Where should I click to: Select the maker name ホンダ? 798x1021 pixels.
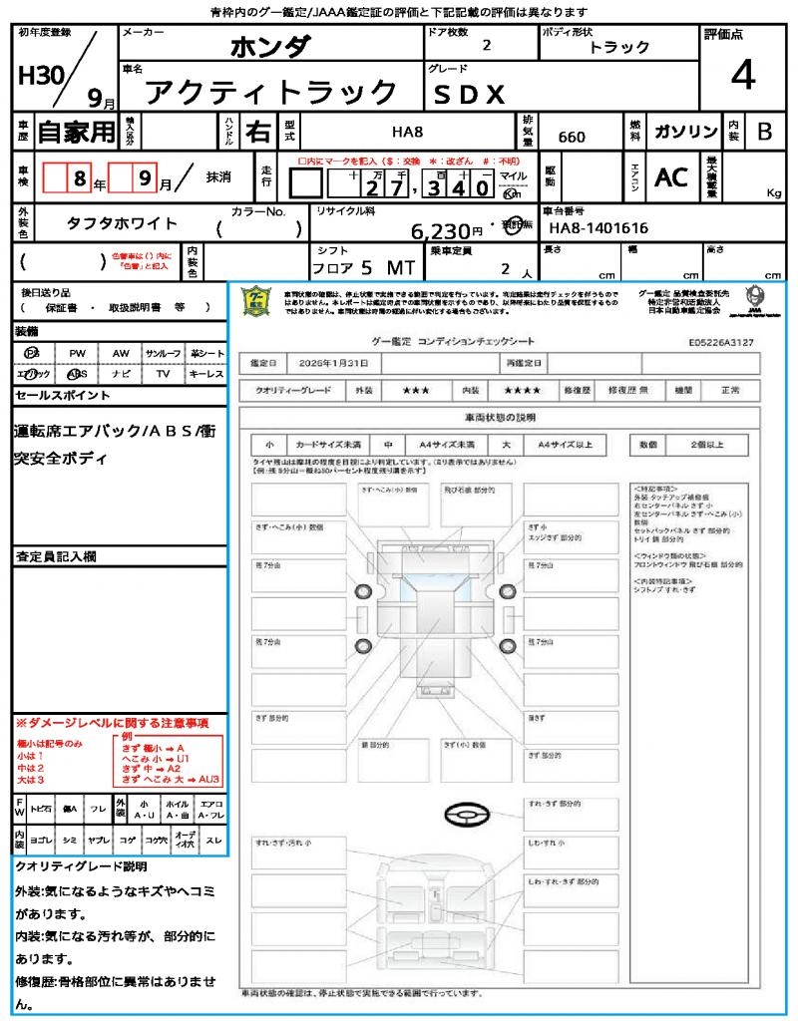pyautogui.click(x=270, y=47)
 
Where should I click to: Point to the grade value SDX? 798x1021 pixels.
pyautogui.click(x=469, y=95)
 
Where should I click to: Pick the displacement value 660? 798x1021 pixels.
pyautogui.click(x=572, y=137)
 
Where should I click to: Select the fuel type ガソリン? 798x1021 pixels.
pyautogui.click(x=685, y=132)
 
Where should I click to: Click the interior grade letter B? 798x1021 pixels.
pyautogui.click(x=764, y=132)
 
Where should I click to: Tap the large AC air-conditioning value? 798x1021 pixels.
pyautogui.click(x=671, y=176)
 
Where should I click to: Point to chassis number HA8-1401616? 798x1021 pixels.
pyautogui.click(x=598, y=228)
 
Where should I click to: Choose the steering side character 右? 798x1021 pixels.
pyautogui.click(x=258, y=132)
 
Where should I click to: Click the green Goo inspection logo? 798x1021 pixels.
pyautogui.click(x=256, y=301)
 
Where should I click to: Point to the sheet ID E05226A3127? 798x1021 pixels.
pyautogui.click(x=721, y=341)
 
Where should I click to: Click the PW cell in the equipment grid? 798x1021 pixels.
pyautogui.click(x=77, y=353)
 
